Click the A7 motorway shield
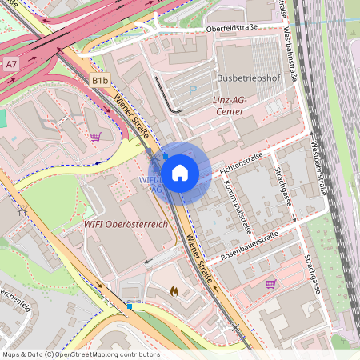click(x=10, y=62)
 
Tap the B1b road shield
click(x=99, y=81)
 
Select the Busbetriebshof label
click(x=249, y=78)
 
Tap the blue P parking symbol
click(x=191, y=90)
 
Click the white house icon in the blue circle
click(x=179, y=172)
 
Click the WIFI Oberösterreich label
click(x=126, y=225)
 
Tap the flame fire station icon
click(x=174, y=292)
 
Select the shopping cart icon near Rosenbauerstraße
click(x=270, y=283)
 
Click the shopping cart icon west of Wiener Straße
click(x=96, y=136)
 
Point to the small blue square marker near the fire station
click(x=130, y=306)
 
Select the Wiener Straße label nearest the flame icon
click(x=200, y=258)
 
